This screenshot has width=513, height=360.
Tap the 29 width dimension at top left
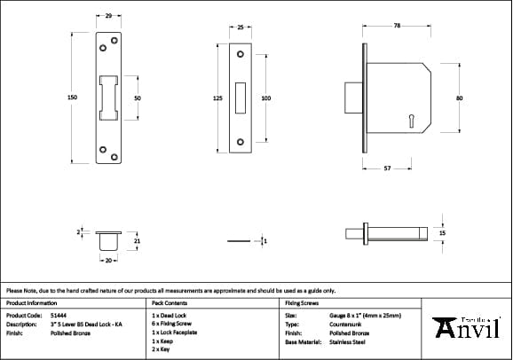click(108, 17)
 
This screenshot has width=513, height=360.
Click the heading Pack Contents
click(170, 302)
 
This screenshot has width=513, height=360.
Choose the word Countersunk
click(345, 324)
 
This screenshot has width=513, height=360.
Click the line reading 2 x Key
click(162, 349)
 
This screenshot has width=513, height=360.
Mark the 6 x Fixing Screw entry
click(170, 324)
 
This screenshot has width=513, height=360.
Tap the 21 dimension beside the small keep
click(137, 240)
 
